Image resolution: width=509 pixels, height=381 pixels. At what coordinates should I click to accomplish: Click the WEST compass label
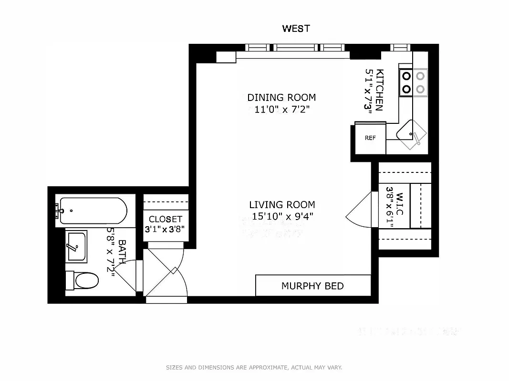coord(296,29)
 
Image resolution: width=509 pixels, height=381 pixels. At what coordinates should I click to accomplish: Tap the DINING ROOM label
coord(281,98)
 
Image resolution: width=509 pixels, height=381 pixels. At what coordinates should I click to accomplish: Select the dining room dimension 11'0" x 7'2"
coord(281,110)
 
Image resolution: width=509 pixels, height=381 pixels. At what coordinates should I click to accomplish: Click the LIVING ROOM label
coord(282,205)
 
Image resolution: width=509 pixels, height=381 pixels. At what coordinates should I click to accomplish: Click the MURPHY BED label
coord(312,286)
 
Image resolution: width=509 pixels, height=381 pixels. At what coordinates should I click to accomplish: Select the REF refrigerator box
coord(370,138)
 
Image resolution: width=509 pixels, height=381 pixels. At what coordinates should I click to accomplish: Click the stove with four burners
coord(413,82)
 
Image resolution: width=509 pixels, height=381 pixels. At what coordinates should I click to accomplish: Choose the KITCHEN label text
coord(380,90)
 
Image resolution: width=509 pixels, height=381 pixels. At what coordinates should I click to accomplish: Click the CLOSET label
coord(166,219)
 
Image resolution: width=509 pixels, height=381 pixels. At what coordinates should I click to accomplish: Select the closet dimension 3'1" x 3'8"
coord(166,229)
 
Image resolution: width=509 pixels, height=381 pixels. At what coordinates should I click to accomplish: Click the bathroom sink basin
coord(76,246)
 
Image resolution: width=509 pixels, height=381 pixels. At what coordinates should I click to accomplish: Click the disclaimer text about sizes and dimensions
coord(254,368)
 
